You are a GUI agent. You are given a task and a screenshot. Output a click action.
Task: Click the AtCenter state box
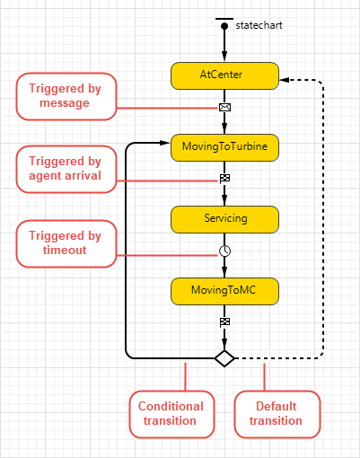coord(224,75)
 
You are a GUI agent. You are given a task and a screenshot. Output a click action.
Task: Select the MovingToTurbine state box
coord(224,147)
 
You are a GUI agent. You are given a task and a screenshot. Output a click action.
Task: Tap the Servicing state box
coord(224,219)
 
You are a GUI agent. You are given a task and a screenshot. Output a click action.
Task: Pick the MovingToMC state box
coord(224,291)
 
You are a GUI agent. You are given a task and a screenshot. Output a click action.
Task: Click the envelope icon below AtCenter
coord(224,107)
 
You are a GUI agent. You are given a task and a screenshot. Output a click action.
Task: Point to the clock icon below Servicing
coord(224,251)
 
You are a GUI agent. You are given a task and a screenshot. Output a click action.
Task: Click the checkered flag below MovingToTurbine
coord(224,179)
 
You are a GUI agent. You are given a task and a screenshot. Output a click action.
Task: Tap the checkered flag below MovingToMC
coord(224,322)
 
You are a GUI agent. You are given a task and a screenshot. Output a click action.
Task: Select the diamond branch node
coord(224,358)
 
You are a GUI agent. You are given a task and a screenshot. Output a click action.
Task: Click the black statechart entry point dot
coord(224,26)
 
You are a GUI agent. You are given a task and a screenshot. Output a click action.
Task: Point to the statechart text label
coord(259,25)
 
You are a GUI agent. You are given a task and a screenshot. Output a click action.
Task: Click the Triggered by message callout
coord(66,96)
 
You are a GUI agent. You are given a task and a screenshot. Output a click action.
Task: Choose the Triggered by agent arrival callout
coord(66,169)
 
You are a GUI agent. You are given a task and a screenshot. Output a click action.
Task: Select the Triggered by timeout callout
coord(66,243)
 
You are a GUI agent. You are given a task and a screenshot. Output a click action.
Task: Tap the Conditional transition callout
coord(171,414)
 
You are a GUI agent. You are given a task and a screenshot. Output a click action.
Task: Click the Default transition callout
coord(277,414)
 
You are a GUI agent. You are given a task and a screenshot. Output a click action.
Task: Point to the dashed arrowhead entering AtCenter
coord(284,80)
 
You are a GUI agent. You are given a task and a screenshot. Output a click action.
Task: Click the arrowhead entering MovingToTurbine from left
coord(165,143)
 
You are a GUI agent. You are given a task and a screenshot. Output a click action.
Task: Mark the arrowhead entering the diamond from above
coord(224,344)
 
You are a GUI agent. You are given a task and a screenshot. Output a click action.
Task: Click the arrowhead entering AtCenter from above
coord(224,57)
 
